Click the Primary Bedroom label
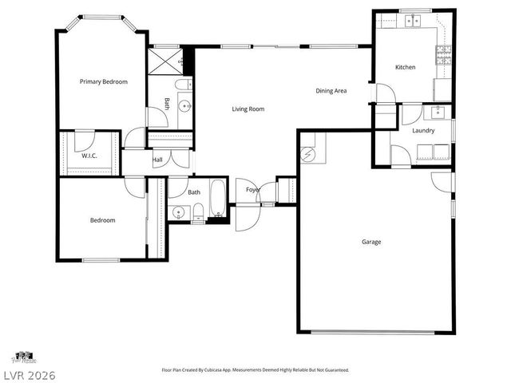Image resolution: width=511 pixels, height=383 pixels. (103, 81)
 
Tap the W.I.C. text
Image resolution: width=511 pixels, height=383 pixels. (89, 156)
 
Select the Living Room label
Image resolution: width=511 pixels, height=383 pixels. (248, 109)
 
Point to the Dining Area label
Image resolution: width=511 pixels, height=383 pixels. (330, 91)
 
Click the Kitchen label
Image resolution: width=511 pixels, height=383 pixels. (405, 67)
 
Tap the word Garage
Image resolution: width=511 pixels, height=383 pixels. (371, 241)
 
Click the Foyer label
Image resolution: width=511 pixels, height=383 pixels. (252, 190)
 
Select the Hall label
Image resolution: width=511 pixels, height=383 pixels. (157, 160)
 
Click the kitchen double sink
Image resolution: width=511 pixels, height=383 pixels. (412, 21)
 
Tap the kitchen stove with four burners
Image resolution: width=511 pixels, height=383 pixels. (443, 54)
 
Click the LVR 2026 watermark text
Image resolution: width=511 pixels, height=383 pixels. (28, 374)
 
